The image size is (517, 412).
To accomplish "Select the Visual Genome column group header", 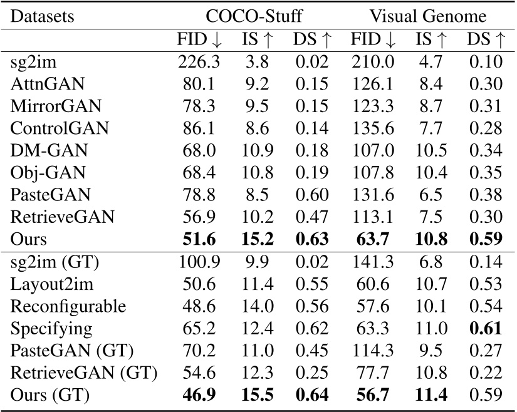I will pos(429,16).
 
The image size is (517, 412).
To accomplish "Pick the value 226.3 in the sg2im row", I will pos(196,61).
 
